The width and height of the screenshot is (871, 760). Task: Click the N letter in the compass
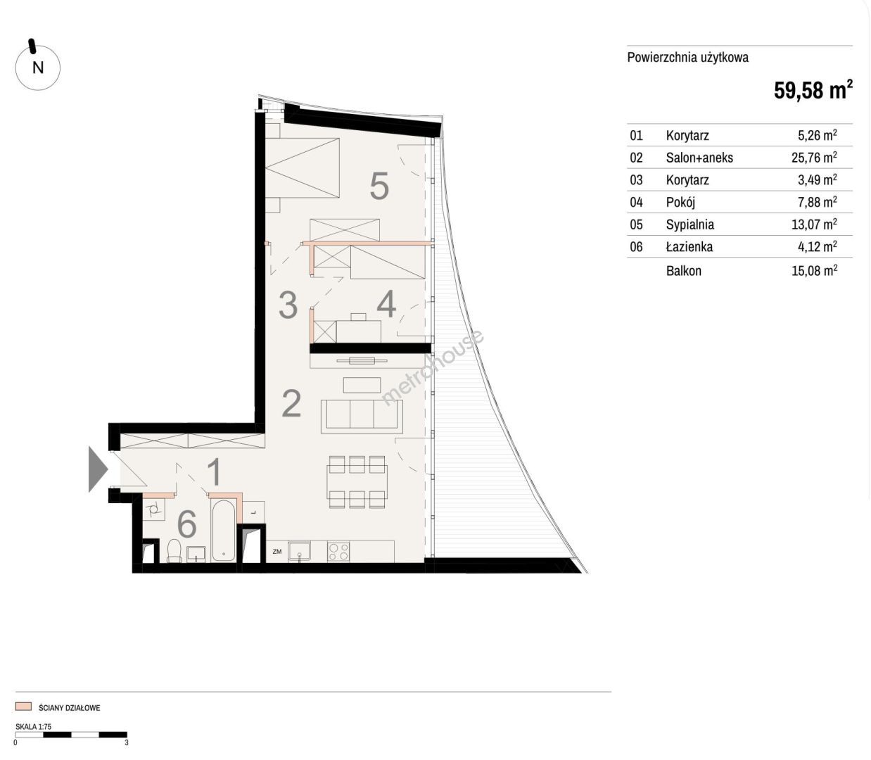38,68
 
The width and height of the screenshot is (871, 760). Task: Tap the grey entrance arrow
98,469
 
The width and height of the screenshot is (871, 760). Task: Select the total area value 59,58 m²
813,90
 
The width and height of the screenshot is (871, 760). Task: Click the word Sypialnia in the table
690,224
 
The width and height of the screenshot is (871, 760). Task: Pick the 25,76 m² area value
814,158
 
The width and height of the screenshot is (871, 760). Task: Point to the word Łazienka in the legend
689,246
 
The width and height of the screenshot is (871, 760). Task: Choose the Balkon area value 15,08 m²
814,270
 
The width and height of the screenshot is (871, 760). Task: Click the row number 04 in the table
636,202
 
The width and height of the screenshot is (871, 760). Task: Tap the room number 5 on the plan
379,186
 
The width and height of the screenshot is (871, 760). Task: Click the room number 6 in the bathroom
186,524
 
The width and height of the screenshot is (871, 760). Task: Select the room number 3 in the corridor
288,305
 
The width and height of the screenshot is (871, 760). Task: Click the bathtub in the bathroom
222,531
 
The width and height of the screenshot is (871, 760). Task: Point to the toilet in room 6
174,551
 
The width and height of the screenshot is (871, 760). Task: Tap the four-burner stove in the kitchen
338,552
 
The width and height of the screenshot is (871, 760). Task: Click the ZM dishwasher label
277,552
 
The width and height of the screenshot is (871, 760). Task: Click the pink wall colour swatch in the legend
23,707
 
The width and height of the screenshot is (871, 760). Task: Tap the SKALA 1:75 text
33,727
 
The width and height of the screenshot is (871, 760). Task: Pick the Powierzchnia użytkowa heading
687,58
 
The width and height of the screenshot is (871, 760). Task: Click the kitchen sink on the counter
299,552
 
